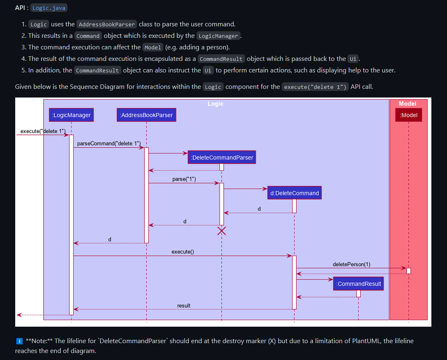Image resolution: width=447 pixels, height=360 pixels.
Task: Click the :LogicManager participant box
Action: [72, 115]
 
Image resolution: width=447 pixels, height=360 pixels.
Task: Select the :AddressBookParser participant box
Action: [146, 115]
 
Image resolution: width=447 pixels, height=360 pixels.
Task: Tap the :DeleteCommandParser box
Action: [222, 158]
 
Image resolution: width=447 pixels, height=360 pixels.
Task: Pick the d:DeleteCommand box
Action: [294, 193]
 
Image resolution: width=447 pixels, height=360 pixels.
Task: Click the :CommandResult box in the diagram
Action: [359, 284]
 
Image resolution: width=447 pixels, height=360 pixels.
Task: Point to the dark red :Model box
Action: [409, 115]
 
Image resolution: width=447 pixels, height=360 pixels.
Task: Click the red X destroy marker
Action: [222, 231]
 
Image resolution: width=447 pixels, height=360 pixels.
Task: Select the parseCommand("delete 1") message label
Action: [109, 143]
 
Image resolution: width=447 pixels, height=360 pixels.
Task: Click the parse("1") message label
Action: [184, 179]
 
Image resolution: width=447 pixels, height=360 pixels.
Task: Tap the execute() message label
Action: [183, 251]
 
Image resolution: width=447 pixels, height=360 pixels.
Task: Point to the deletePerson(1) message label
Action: [351, 264]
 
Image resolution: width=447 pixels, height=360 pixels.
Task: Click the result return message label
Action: [184, 305]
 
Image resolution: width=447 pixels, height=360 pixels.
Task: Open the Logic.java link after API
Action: [49, 8]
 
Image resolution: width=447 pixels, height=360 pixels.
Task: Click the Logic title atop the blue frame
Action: [215, 104]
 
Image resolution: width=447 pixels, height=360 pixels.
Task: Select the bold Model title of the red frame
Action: [408, 104]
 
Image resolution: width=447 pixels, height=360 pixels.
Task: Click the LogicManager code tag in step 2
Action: [218, 36]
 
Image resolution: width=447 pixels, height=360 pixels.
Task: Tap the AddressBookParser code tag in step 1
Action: [107, 24]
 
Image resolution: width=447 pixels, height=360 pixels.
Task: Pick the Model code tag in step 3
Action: [153, 47]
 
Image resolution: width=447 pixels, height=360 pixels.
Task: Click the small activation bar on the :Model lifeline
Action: [408, 271]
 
